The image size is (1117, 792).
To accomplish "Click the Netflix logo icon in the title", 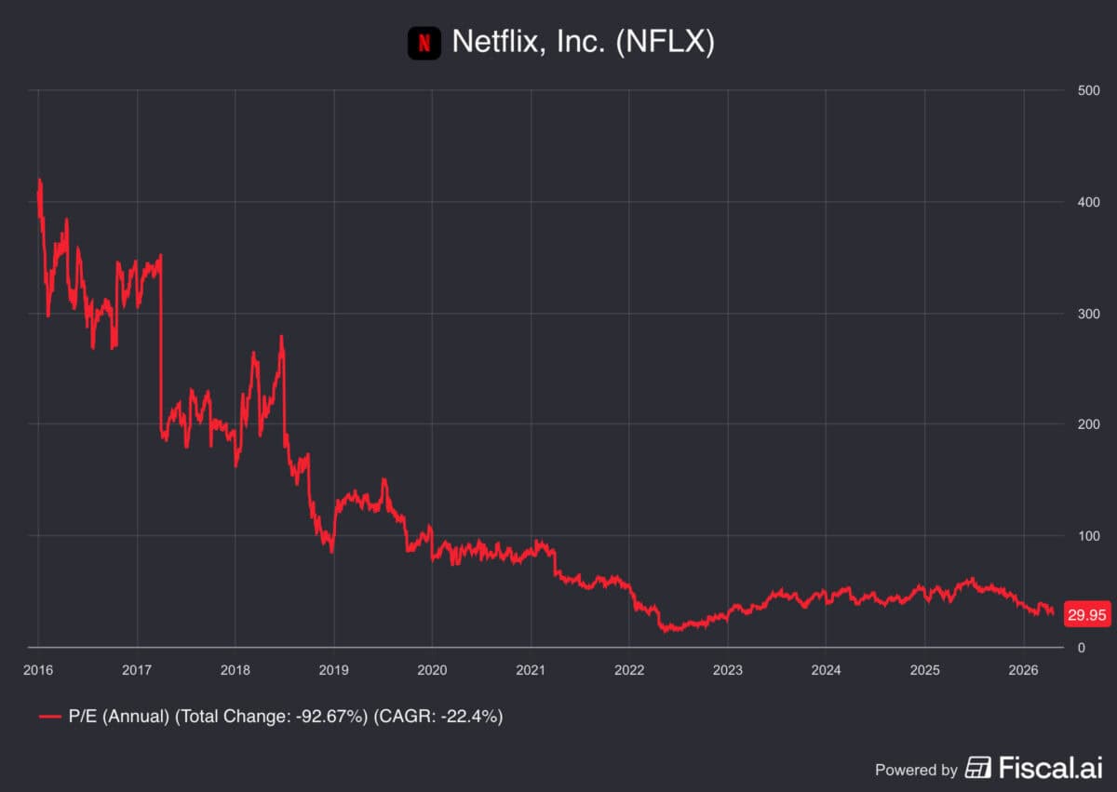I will coord(424,43).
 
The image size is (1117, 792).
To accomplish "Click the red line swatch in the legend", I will coord(50,717).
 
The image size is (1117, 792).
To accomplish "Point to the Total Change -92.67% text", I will coord(271,717).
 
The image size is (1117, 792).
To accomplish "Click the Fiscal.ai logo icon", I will coord(978,768).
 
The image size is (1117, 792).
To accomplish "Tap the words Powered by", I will coord(916,770).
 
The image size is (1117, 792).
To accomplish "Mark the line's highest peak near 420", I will coord(39,181).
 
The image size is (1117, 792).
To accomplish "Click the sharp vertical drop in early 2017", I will coord(161,344).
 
